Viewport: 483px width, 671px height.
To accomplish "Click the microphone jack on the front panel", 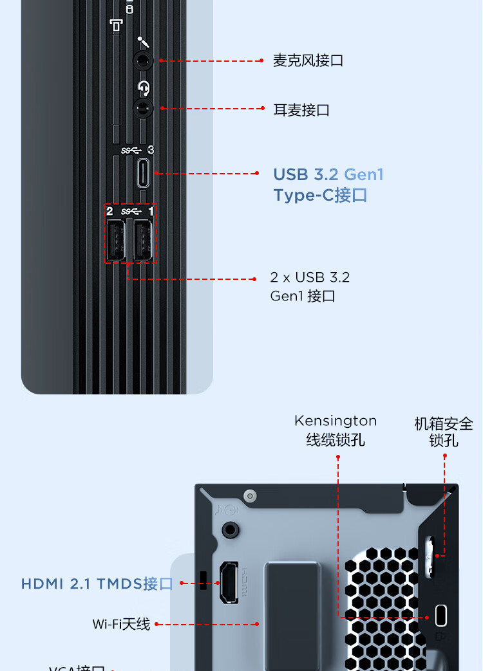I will pos(143,61).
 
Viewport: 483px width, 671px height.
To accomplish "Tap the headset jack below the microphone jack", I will pos(143,107).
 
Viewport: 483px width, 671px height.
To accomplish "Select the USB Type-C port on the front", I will pos(143,173).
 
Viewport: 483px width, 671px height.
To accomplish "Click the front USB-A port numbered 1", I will pos(144,241).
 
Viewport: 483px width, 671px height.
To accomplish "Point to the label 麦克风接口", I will pos(308,61).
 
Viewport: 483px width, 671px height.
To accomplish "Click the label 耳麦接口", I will pos(301,110).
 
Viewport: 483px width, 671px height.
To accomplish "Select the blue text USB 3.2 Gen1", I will pos(328,174).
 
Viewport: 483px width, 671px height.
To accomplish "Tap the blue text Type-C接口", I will pos(320,195).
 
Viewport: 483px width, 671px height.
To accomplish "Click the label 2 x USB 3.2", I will pos(310,277).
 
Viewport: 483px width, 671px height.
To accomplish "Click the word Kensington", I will pos(336,421).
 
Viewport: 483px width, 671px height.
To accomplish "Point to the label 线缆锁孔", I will pos(336,440).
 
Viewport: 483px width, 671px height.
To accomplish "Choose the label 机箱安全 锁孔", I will pos(444,432).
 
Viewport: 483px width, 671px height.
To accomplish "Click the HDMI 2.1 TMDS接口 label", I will pos(97,584).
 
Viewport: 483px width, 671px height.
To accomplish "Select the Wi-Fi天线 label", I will pos(121,624).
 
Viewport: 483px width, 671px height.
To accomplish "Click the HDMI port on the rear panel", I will pos(228,583).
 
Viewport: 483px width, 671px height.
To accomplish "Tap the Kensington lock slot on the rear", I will pos(441,615).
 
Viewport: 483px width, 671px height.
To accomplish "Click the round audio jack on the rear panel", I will pos(229,529).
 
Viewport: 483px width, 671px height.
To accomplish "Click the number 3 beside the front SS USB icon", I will pos(151,150).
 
